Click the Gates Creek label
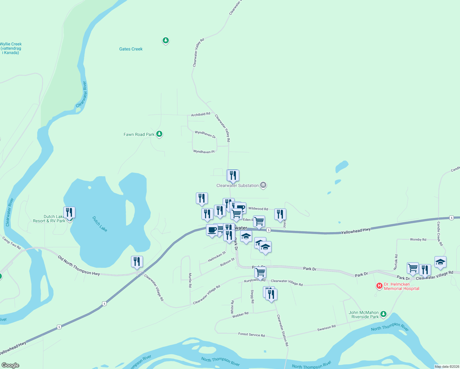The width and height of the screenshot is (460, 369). coord(131,49)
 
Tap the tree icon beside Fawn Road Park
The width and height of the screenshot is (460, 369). coord(159,134)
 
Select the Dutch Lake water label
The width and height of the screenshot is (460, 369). coord(100,224)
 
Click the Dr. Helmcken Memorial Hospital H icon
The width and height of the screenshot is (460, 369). coord(379,286)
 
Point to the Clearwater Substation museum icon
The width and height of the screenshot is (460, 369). coord(263,185)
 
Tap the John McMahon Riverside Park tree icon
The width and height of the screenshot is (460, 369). coord(383,314)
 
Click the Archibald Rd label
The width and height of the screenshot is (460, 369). coord(200,114)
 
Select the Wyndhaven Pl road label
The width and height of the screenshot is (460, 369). coord(204,152)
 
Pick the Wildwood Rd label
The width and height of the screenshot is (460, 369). coord(258,208)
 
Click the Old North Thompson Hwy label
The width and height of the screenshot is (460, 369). coord(79,265)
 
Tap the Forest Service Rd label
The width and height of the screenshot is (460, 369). coord(252,335)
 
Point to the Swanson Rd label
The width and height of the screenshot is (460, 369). coord(326,328)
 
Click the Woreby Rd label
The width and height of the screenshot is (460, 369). coord(418,239)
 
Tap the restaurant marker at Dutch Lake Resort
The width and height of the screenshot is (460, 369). coord(69,212)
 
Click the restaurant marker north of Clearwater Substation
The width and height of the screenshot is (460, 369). coord(233,175)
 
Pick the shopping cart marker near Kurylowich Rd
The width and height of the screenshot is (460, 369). coord(260,272)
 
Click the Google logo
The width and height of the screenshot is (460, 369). coord(10,365)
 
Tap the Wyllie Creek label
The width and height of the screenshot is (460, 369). coord(11,48)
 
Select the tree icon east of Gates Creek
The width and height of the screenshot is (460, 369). coord(166,40)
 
